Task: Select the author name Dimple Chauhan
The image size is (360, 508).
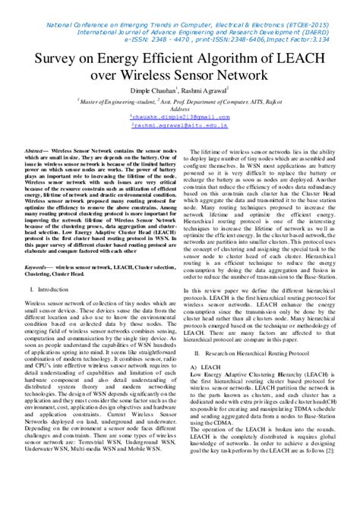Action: pos(156,91)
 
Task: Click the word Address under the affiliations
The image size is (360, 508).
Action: pos(180,109)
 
